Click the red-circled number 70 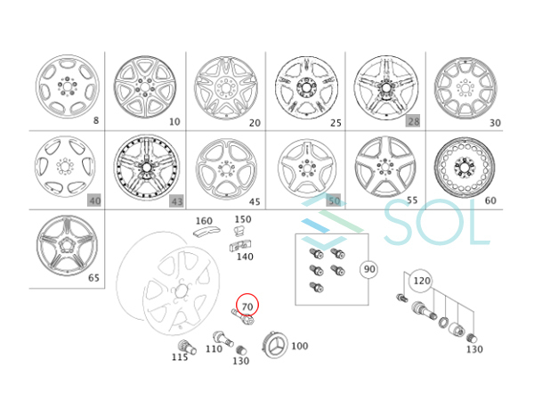pos(247,307)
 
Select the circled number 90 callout pos(369,269)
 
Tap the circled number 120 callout pos(422,281)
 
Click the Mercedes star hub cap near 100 pos(274,345)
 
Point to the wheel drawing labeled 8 pos(68,86)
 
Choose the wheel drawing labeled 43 pos(147,168)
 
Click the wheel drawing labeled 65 pos(67,246)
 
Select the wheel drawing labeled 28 pos(386,88)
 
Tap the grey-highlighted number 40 pos(94,200)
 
